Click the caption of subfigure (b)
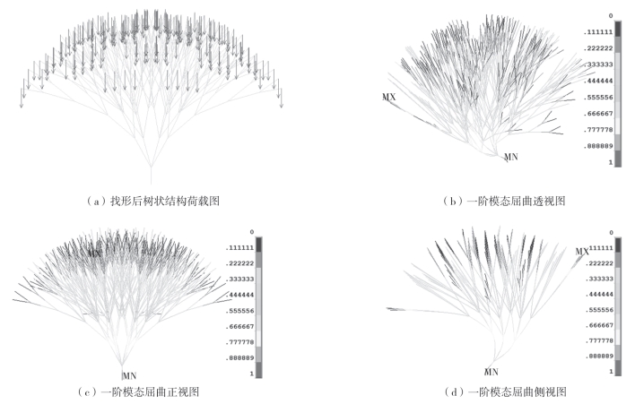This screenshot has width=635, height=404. [504, 202]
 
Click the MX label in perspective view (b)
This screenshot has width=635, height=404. [387, 97]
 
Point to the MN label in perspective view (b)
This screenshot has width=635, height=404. [510, 157]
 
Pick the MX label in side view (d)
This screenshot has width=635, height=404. [582, 251]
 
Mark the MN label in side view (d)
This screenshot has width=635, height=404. [491, 370]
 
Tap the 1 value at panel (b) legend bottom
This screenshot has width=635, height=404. [611, 163]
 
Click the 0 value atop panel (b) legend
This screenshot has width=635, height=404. [611, 16]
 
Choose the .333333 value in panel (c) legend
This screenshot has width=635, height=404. [239, 279]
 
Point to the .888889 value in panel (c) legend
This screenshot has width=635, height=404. [239, 356]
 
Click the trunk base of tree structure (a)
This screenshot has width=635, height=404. [151, 183]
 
